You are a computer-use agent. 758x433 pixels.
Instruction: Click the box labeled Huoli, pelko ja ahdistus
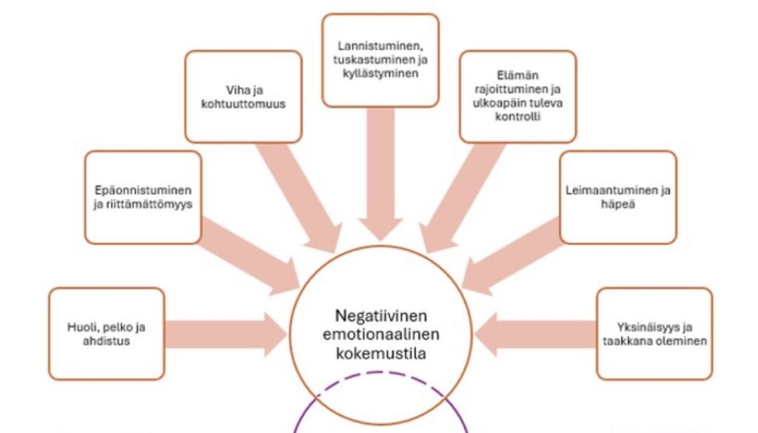(x=106, y=333)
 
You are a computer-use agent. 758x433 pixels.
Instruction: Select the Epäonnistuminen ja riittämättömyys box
(x=143, y=197)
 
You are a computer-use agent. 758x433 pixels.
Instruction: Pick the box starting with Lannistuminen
(x=380, y=61)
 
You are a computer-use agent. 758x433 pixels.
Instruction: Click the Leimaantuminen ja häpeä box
(x=617, y=197)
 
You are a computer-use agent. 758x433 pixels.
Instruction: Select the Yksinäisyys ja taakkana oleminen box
(x=654, y=333)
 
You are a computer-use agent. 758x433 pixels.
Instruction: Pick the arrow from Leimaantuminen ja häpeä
(x=510, y=259)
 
